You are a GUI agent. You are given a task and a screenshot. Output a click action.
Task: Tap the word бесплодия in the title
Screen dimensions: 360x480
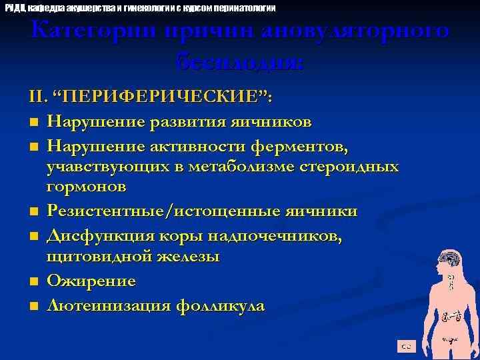pos(239,63)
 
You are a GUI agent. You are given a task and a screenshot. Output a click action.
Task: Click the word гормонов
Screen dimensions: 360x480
pos(87,187)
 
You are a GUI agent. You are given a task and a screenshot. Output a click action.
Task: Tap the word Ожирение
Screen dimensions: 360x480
pos(91,281)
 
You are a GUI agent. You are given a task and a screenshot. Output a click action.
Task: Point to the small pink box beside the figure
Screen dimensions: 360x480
pos(405,345)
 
